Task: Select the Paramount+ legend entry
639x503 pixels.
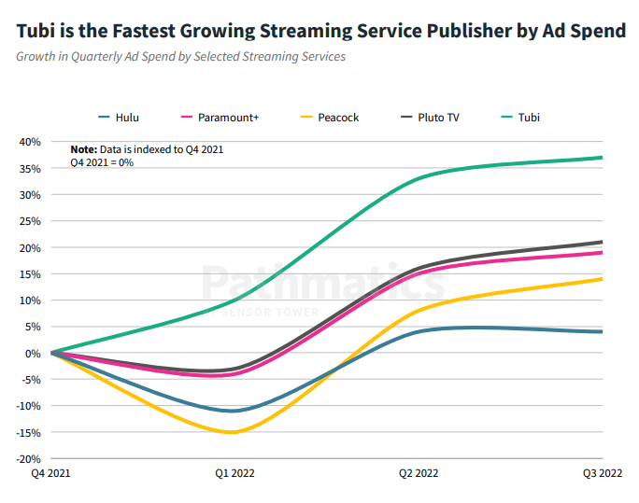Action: tap(221, 118)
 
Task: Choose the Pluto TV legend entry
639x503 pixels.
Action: tap(429, 118)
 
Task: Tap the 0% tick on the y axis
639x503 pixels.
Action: tap(33, 354)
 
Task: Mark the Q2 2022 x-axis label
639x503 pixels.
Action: tap(419, 474)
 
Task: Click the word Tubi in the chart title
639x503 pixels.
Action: tap(36, 31)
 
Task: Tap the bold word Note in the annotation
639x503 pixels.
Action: tap(83, 149)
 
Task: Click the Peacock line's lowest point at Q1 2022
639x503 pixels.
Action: tap(233, 432)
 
